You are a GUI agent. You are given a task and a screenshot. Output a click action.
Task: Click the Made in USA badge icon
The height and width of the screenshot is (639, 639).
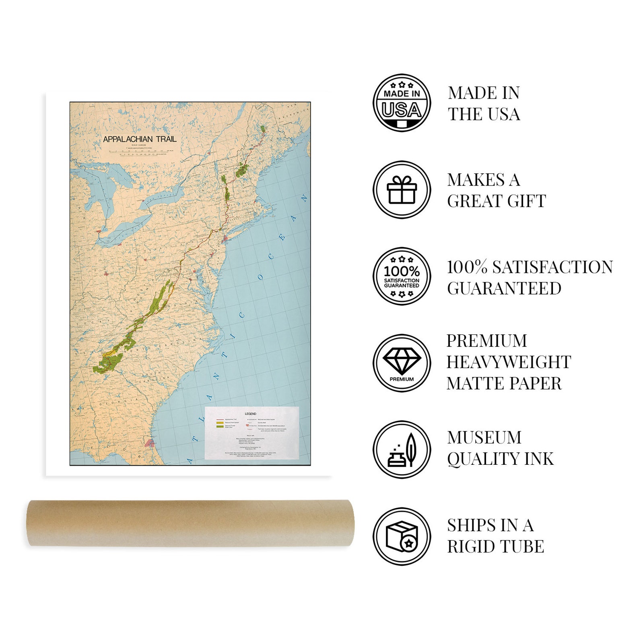[402, 103]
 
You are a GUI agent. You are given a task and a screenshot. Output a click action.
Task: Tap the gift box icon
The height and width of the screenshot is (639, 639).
[402, 190]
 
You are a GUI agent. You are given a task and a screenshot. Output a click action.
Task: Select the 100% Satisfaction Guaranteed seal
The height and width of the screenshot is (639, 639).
[402, 276]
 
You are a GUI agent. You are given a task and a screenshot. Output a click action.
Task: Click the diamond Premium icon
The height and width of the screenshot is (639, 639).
[402, 363]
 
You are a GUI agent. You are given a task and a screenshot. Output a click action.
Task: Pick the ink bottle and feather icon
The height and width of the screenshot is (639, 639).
[402, 450]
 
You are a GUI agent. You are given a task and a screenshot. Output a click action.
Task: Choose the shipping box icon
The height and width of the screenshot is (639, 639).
[402, 536]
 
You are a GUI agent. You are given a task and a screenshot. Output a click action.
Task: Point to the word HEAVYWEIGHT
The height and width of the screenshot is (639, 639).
[509, 362]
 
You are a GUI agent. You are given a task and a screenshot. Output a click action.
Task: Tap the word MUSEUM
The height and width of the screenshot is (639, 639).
[484, 437]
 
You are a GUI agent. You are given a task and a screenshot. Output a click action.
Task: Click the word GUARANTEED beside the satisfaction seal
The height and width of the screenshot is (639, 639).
[504, 289]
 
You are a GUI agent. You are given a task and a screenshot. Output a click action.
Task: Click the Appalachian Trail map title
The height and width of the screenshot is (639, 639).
[140, 139]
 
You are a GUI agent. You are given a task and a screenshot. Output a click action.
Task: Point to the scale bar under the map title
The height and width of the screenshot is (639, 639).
[140, 153]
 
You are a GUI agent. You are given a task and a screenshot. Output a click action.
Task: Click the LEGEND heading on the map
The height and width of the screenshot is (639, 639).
[250, 414]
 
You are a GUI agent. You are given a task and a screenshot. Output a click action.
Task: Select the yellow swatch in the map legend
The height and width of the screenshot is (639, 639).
[220, 423]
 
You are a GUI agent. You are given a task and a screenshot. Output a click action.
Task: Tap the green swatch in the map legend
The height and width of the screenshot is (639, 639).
[220, 426]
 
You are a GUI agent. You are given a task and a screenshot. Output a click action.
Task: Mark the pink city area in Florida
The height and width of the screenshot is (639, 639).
[150, 443]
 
